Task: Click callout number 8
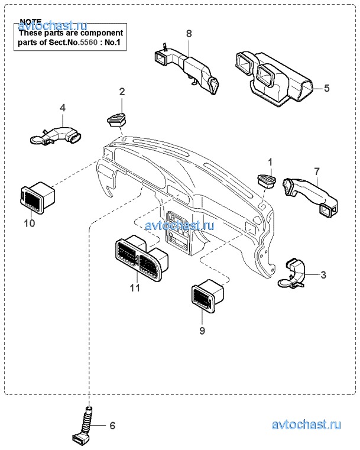click(x=189, y=34)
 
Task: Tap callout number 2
click(x=122, y=92)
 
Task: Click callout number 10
click(x=30, y=223)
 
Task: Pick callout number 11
click(x=135, y=288)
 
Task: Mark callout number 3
click(x=323, y=275)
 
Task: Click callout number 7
click(x=316, y=171)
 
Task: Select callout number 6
click(x=112, y=425)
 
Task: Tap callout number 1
click(x=270, y=161)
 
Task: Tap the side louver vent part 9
click(x=207, y=296)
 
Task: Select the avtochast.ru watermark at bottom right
click(x=307, y=425)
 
